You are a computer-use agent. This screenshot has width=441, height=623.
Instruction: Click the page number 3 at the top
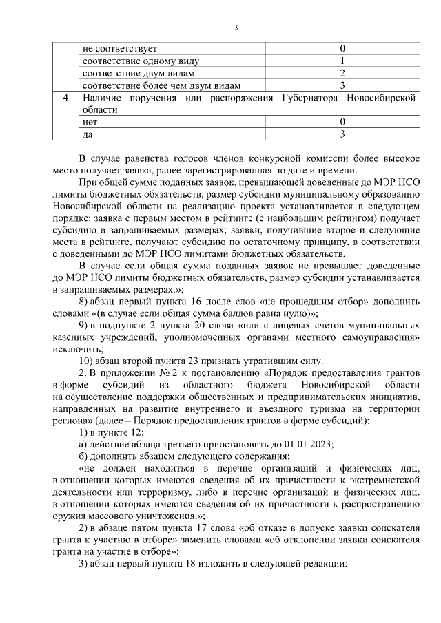coord(236,28)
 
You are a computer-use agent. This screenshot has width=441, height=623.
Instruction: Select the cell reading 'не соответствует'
coord(119,49)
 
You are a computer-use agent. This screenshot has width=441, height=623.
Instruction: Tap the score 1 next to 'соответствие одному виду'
coord(342,61)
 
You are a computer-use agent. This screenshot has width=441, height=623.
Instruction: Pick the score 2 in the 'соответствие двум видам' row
coord(342,73)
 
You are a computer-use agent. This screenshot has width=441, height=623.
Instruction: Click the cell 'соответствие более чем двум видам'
coord(162,85)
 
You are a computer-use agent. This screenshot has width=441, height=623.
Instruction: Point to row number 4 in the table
coord(65,98)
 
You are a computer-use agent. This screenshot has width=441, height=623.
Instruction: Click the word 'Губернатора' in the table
coord(306,98)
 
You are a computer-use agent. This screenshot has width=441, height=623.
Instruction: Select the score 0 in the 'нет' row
coord(342,122)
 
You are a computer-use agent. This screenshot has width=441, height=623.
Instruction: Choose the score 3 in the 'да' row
coord(342,134)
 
